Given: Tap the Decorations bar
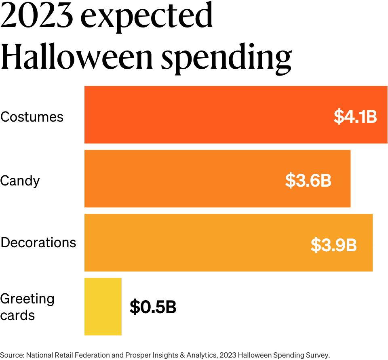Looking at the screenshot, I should click(x=194, y=242).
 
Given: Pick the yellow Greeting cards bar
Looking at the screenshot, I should click(x=103, y=307).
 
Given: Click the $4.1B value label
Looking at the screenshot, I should click(x=355, y=116).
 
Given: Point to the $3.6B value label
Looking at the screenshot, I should click(x=308, y=180).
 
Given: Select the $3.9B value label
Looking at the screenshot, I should click(x=333, y=244).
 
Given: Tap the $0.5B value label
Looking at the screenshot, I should click(x=153, y=307).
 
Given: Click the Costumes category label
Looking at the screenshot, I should click(x=32, y=117).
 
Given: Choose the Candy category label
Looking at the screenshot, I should click(x=20, y=181).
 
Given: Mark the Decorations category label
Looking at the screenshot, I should click(x=38, y=242).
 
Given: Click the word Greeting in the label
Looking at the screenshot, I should click(x=27, y=299).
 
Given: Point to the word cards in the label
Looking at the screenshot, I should click(x=17, y=315).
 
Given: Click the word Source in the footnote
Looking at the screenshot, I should click(x=12, y=355).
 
